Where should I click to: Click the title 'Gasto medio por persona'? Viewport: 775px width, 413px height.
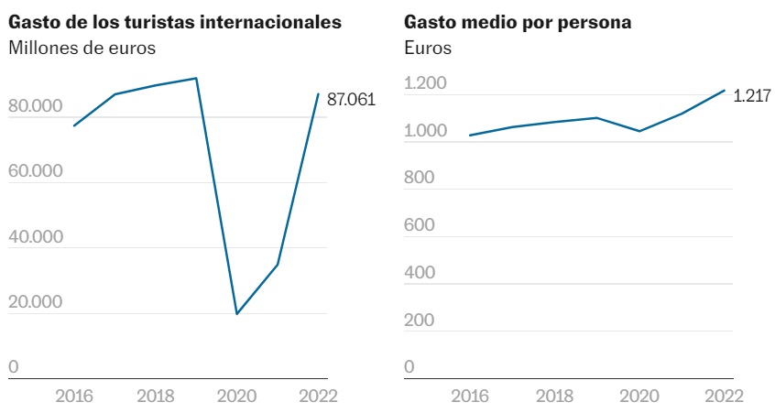click(x=518, y=22)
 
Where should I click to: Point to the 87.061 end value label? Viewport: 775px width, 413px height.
click(x=352, y=100)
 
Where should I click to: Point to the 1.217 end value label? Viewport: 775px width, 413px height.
click(x=752, y=96)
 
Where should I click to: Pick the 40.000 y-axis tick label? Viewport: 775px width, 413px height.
click(x=36, y=237)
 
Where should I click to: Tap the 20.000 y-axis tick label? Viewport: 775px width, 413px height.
click(x=36, y=302)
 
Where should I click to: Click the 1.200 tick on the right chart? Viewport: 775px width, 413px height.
click(x=425, y=84)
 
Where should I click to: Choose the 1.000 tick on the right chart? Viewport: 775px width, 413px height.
click(x=425, y=132)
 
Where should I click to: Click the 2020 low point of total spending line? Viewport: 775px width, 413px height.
click(x=237, y=314)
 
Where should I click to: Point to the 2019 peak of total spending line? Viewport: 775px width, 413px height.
click(x=197, y=78)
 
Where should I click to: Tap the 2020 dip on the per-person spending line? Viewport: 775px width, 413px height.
click(x=639, y=131)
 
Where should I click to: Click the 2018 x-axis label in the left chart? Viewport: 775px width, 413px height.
click(x=156, y=397)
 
